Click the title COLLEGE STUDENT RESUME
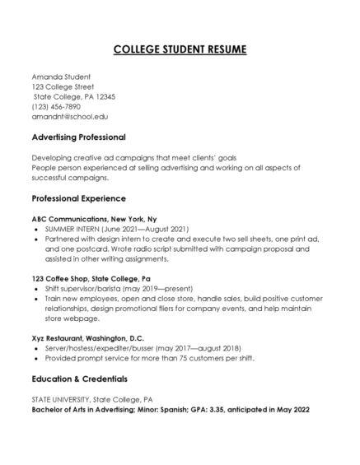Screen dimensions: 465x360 (179, 50)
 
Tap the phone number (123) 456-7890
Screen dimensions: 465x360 (56, 107)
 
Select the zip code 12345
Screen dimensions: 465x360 (103, 96)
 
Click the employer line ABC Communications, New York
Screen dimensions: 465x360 (91, 218)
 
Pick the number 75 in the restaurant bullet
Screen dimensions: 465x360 (171, 359)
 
